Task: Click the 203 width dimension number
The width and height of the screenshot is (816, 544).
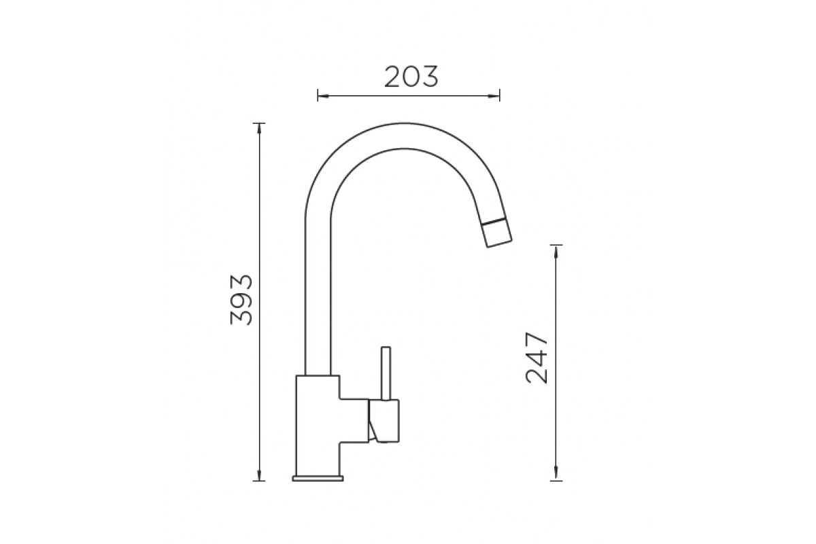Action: point(411,77)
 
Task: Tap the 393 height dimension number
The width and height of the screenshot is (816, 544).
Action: point(241,299)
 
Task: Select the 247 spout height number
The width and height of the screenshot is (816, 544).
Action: point(537,358)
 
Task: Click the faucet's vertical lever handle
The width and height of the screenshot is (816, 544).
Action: point(386,373)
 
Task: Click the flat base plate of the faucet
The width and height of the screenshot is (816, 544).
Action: point(318,479)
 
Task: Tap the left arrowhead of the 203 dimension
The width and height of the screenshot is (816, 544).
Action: point(324,96)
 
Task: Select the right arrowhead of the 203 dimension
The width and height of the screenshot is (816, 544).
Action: point(494,96)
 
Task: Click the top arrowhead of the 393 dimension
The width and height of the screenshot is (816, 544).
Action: point(259,129)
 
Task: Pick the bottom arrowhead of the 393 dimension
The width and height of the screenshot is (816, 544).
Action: point(259,475)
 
